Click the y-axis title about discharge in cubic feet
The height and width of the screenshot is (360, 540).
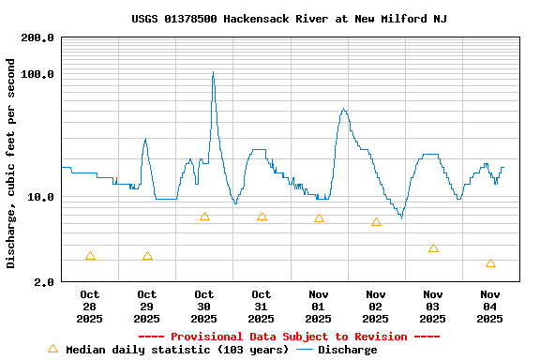(11, 163)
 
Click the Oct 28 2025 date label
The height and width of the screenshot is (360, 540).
(90, 307)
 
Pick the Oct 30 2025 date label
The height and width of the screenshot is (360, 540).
(204, 307)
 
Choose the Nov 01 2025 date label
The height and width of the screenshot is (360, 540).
(319, 307)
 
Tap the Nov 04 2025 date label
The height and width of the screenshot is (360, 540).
(490, 307)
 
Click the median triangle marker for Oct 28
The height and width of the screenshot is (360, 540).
(90, 256)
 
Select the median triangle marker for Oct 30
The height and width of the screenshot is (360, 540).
(204, 217)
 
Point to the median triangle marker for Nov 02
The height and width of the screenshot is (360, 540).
(376, 222)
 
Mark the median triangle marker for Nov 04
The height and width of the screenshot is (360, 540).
(490, 263)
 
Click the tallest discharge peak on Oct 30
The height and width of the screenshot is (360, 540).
(213, 73)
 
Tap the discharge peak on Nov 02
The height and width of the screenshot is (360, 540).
(343, 110)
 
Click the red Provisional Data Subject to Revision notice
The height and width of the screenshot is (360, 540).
(289, 337)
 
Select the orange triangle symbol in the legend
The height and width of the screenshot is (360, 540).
(53, 349)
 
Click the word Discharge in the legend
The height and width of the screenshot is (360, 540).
(347, 350)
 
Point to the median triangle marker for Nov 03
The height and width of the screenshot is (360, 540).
(433, 248)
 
